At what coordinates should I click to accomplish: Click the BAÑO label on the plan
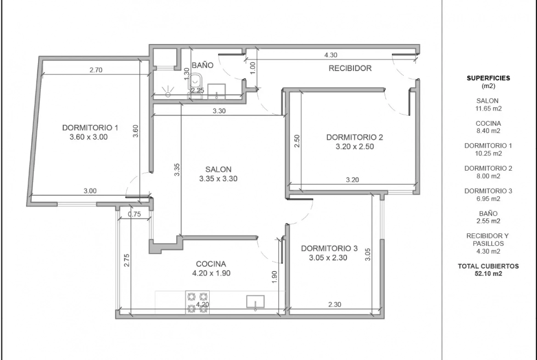click(202, 65)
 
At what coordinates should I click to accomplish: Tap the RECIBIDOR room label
click(350, 68)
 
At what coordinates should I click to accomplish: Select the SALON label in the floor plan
click(218, 169)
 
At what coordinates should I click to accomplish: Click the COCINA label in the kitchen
click(211, 264)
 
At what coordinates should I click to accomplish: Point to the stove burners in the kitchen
click(198, 302)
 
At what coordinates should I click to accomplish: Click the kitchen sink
click(256, 302)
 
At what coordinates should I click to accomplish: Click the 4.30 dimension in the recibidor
click(331, 55)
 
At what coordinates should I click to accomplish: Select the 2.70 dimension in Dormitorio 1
click(96, 70)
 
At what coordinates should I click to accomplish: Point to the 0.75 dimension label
click(134, 214)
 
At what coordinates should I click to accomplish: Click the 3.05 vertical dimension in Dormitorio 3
click(368, 254)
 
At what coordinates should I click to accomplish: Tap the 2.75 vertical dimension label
click(127, 260)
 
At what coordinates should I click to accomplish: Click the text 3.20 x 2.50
click(354, 146)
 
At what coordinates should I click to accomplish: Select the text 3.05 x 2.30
click(328, 258)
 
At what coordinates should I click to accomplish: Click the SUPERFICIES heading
click(488, 78)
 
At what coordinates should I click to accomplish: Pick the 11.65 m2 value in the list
click(488, 109)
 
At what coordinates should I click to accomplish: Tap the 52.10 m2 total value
click(488, 273)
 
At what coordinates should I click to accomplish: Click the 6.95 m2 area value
click(488, 199)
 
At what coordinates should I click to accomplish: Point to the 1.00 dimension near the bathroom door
click(253, 68)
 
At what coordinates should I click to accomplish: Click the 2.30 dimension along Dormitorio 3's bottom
click(335, 304)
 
